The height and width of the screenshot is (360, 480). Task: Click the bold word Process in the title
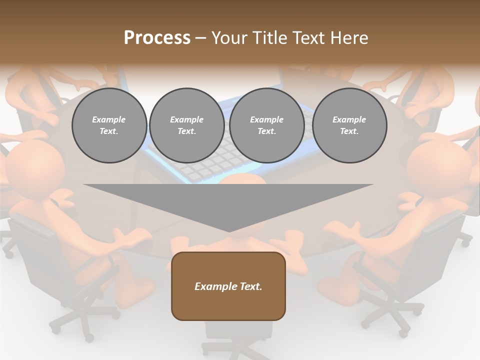(x=157, y=38)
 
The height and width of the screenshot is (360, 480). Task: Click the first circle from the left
(x=109, y=125)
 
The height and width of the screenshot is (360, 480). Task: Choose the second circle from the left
(x=186, y=125)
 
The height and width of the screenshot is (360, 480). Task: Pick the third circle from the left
(x=266, y=125)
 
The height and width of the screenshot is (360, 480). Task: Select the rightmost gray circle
(x=349, y=125)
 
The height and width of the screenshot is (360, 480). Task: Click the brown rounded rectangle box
(x=228, y=286)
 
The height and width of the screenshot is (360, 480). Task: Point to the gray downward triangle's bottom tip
(x=228, y=230)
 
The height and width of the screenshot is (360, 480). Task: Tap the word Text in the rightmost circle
(x=349, y=131)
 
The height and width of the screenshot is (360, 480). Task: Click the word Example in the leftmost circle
(x=109, y=119)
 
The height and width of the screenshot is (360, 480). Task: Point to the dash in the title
(x=201, y=38)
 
